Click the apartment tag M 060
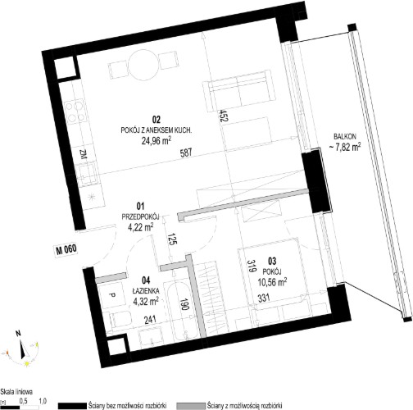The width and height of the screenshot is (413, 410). click(66, 249)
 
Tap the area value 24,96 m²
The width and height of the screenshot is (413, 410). click(157, 140)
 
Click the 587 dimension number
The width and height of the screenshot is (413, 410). click(186, 153)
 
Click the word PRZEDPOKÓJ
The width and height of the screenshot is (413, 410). click(140, 217)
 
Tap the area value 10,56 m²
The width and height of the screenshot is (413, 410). click(272, 280)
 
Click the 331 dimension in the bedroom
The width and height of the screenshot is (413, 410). click(264, 297)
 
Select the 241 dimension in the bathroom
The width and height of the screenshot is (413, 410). click(150, 319)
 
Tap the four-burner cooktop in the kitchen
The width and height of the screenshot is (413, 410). click(75, 112)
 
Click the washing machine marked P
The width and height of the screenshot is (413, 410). click(111, 294)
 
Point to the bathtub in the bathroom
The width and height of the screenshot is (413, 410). click(181, 312)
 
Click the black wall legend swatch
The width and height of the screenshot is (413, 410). click(72, 406)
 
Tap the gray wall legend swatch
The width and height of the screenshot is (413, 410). click(191, 406)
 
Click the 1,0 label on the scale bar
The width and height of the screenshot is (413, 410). click(43, 401)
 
